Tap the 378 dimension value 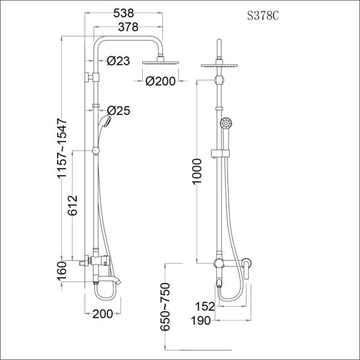(128, 26)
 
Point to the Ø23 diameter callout (119, 61)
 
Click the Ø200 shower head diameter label (160, 81)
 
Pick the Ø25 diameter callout (119, 110)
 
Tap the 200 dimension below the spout (103, 313)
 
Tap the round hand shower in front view (226, 124)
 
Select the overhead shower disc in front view (221, 66)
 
